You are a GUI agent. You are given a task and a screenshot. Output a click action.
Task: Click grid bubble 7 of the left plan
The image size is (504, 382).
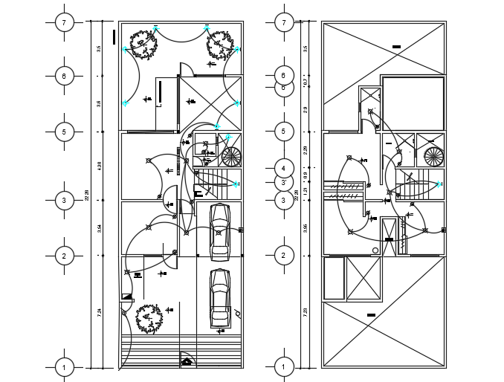65,22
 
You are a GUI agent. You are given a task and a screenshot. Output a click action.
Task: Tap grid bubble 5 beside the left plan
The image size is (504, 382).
65,132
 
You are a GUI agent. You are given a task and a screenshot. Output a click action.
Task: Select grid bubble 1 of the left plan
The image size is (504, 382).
65,367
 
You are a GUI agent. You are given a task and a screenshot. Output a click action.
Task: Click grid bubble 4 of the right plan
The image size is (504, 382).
283,167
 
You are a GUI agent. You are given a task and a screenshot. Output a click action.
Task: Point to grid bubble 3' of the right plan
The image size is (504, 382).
283,182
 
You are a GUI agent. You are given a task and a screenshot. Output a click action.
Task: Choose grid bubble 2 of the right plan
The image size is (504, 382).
283,256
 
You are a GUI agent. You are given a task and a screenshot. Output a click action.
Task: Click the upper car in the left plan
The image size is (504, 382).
219,231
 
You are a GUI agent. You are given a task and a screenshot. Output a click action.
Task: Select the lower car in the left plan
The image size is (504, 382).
219,297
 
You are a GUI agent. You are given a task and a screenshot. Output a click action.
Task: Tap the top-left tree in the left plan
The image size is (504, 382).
143,43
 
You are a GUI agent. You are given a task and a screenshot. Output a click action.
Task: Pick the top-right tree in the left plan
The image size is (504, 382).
219,43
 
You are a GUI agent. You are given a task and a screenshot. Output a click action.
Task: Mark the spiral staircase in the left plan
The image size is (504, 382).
231,157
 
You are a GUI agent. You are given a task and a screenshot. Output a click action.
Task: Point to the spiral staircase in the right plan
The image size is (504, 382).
433,157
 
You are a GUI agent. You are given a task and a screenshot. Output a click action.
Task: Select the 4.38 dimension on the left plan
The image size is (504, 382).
99,166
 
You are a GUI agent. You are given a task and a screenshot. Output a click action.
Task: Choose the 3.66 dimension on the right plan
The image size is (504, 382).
306,228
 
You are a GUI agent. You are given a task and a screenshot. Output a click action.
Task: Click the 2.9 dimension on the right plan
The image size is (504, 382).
306,109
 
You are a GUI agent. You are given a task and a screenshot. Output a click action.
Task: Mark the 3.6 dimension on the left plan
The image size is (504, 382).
99,104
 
